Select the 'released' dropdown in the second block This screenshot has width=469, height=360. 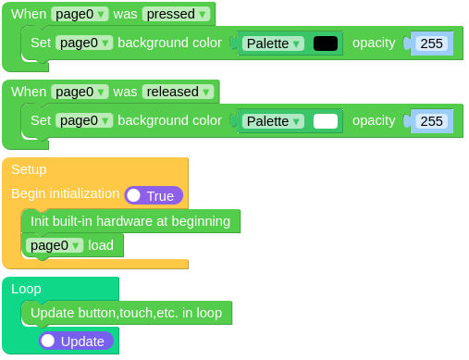pyautogui.click(x=179, y=92)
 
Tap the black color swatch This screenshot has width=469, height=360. pyautogui.click(x=326, y=43)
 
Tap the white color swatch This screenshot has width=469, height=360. pyautogui.click(x=326, y=121)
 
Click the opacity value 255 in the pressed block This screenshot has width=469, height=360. pyautogui.click(x=431, y=43)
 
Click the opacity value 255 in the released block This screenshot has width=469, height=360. pyautogui.click(x=431, y=121)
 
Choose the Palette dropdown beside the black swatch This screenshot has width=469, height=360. pyautogui.click(x=273, y=43)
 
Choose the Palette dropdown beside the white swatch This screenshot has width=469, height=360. pyautogui.click(x=273, y=121)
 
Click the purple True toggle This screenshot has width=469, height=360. pyautogui.click(x=154, y=195)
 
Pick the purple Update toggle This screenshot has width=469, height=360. pyautogui.click(x=76, y=341)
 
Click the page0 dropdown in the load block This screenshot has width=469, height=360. pyautogui.click(x=56, y=245)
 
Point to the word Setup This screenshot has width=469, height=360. pyautogui.click(x=29, y=169)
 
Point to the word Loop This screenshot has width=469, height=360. pyautogui.click(x=26, y=289)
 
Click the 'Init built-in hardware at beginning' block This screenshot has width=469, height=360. pyautogui.click(x=130, y=221)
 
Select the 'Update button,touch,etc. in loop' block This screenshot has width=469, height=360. pyautogui.click(x=126, y=313)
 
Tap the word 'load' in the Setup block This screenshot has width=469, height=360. pyautogui.click(x=101, y=245)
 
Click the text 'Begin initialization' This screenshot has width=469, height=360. pyautogui.click(x=65, y=194)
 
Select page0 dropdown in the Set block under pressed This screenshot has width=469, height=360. pyautogui.click(x=83, y=43)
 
